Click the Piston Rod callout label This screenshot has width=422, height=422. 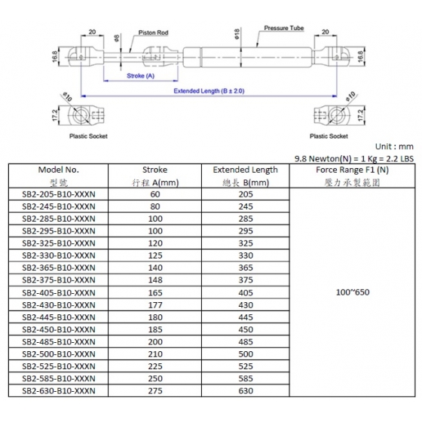(153, 32)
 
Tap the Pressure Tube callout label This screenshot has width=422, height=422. (283, 28)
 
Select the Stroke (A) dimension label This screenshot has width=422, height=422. (140, 76)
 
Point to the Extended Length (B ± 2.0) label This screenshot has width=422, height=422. (209, 91)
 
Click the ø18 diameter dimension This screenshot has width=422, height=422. (237, 34)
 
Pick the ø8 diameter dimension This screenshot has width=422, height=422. (117, 38)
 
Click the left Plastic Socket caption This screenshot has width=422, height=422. (88, 136)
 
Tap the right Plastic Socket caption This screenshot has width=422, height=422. (329, 136)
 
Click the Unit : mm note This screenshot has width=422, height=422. (394, 147)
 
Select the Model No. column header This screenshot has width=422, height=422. (59, 170)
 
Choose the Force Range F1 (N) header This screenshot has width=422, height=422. (352, 170)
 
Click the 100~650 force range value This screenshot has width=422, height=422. (353, 292)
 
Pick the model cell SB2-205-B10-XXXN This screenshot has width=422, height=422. (59, 194)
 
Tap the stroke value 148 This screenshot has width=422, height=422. (155, 280)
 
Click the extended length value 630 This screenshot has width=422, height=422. (246, 391)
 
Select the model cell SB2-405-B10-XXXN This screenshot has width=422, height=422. (59, 293)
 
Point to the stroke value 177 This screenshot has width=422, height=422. (155, 305)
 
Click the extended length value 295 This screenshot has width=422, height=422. (246, 231)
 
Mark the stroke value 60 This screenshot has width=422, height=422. (155, 194)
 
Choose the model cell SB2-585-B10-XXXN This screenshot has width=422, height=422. (59, 378)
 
